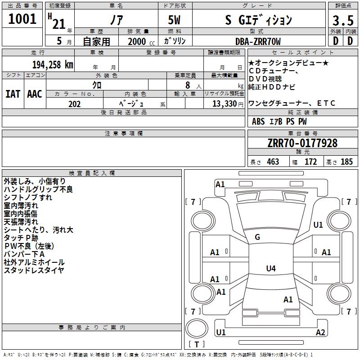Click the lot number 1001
[22, 19]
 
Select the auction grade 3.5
[343, 20]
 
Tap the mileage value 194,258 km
[53, 65]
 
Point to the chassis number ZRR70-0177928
[302, 143]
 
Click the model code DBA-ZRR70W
[258, 41]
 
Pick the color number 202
[74, 104]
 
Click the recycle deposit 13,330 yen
[228, 104]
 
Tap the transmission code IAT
[13, 94]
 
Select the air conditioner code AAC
[35, 94]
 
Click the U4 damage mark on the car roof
[271, 268]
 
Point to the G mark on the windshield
[257, 237]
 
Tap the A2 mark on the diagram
[320, 332]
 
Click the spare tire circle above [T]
[197, 328]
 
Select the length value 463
[273, 162]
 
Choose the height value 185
[346, 162]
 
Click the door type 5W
[174, 20]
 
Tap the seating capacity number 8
[188, 85]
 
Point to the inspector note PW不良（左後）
[29, 246]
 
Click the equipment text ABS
[258, 121]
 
